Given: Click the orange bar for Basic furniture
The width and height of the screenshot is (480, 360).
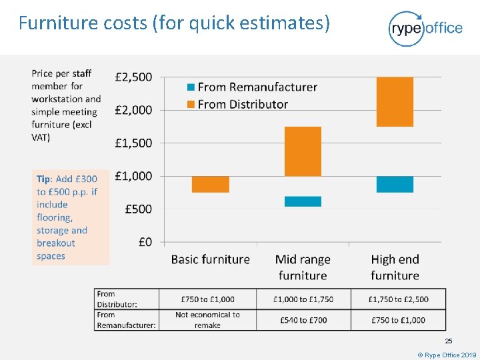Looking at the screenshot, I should point(210,185).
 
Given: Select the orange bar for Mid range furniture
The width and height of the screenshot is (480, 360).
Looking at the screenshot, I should point(303,151).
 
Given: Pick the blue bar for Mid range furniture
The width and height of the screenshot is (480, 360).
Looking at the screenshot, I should point(303,201).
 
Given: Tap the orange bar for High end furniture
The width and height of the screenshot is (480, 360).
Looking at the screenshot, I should point(395,101).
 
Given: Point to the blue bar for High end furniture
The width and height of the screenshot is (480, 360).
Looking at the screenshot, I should point(395,185).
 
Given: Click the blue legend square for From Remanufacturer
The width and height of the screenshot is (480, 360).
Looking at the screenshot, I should point(191,87).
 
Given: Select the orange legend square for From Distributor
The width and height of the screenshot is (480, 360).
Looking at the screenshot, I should point(191,105).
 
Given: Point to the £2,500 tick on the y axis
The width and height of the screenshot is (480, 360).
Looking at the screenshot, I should point(133,77).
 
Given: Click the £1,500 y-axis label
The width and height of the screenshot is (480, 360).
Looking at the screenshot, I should point(133,143).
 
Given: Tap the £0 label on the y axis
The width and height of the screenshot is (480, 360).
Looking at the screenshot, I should point(145,242).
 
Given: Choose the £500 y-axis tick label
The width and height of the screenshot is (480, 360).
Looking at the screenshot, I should point(139,209).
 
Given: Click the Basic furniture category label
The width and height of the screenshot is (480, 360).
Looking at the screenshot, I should point(210,259).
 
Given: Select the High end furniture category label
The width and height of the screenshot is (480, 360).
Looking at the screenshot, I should point(395,267).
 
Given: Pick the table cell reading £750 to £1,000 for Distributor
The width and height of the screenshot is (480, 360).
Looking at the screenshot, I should point(207,299).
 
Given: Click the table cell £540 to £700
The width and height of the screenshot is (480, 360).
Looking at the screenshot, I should point(303,320).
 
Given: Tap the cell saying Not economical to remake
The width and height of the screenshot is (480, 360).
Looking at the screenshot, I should point(207,320).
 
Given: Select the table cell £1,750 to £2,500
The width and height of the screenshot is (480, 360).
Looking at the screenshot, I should point(398,299).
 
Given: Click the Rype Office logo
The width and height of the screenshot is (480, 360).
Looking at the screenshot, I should point(425,29).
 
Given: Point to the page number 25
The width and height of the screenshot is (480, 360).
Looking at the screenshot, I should point(449,341).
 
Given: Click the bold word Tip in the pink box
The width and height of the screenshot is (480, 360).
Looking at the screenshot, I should point(43,179).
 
